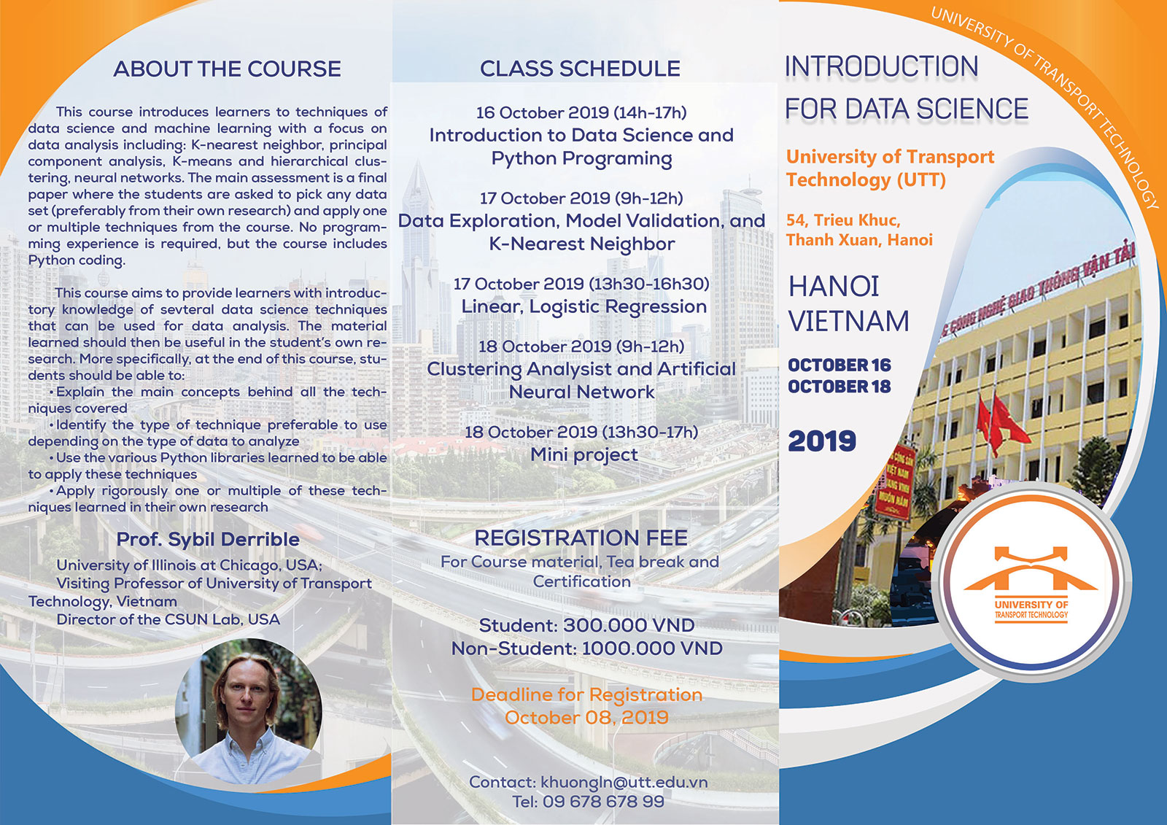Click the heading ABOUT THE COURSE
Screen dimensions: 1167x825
pyautogui.click(x=227, y=69)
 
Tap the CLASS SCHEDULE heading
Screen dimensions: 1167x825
pyautogui.click(x=580, y=69)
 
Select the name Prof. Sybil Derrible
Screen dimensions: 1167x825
pyautogui.click(x=208, y=539)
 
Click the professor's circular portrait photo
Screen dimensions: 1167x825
pyautogui.click(x=249, y=711)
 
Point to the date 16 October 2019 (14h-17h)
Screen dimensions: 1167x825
pyautogui.click(x=581, y=112)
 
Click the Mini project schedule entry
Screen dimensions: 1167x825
pyautogui.click(x=584, y=455)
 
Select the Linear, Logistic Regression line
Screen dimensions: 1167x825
pyautogui.click(x=584, y=307)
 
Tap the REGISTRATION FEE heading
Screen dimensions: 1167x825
pyautogui.click(x=581, y=538)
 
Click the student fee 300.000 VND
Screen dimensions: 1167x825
pyautogui.click(x=629, y=625)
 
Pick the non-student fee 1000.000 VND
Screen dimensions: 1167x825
pyautogui.click(x=652, y=648)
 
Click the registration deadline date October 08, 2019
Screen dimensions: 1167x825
pyautogui.click(x=586, y=718)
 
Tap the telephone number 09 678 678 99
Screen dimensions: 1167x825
pyautogui.click(x=603, y=802)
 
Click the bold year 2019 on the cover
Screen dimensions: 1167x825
pyautogui.click(x=821, y=441)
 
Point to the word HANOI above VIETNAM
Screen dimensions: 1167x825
pyautogui.click(x=834, y=287)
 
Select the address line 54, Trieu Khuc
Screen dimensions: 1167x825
pyautogui.click(x=843, y=220)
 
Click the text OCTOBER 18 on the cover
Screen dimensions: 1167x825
pyautogui.click(x=840, y=387)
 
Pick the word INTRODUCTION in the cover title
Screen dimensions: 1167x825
pyautogui.click(x=882, y=66)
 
